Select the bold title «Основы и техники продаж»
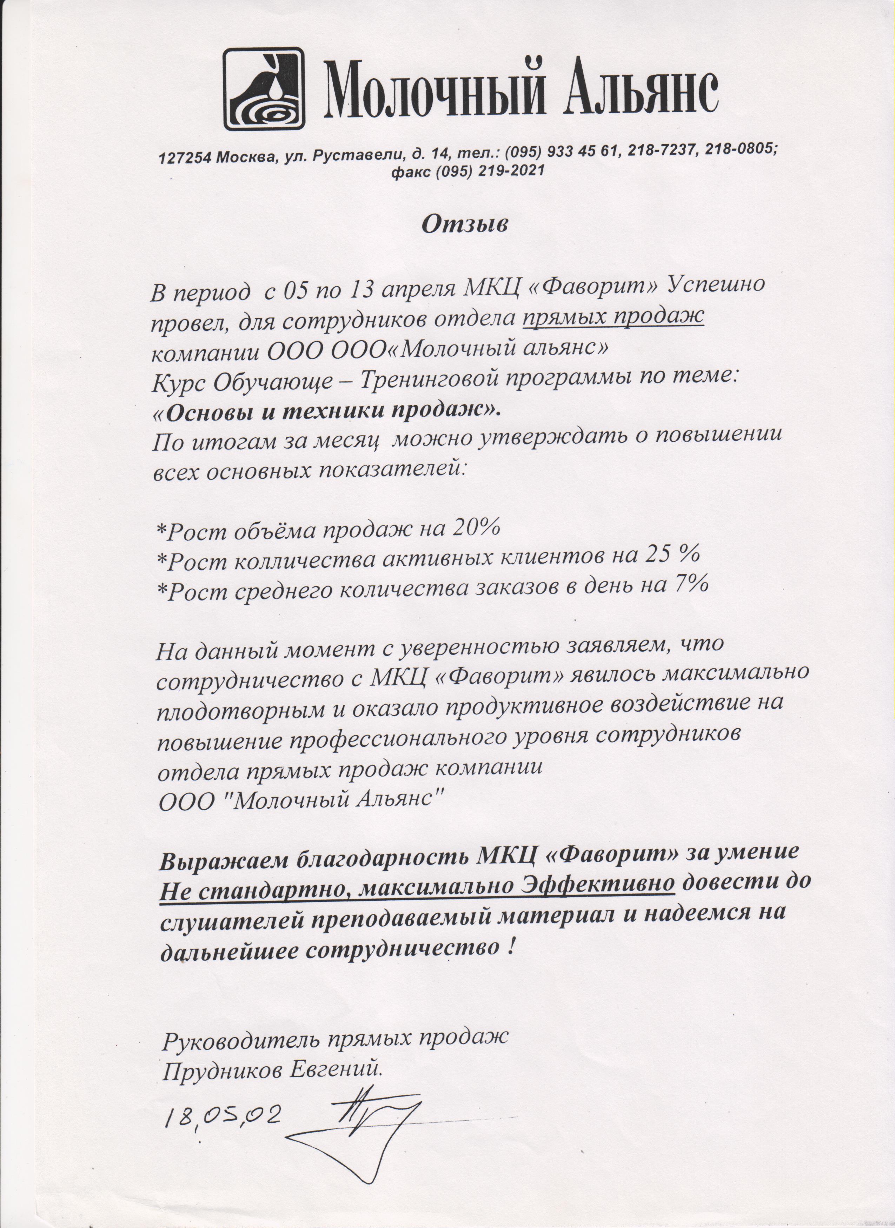click(x=327, y=411)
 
